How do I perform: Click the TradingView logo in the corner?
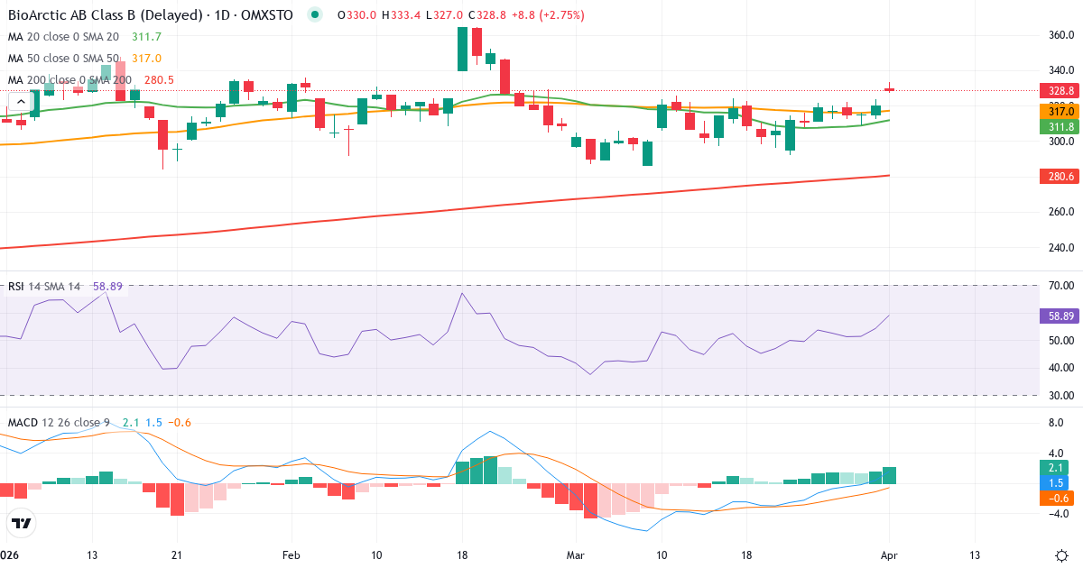(x=22, y=523)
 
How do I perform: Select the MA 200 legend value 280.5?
(x=159, y=80)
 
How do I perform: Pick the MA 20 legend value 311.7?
(x=146, y=37)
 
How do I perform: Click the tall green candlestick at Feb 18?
(x=462, y=49)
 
